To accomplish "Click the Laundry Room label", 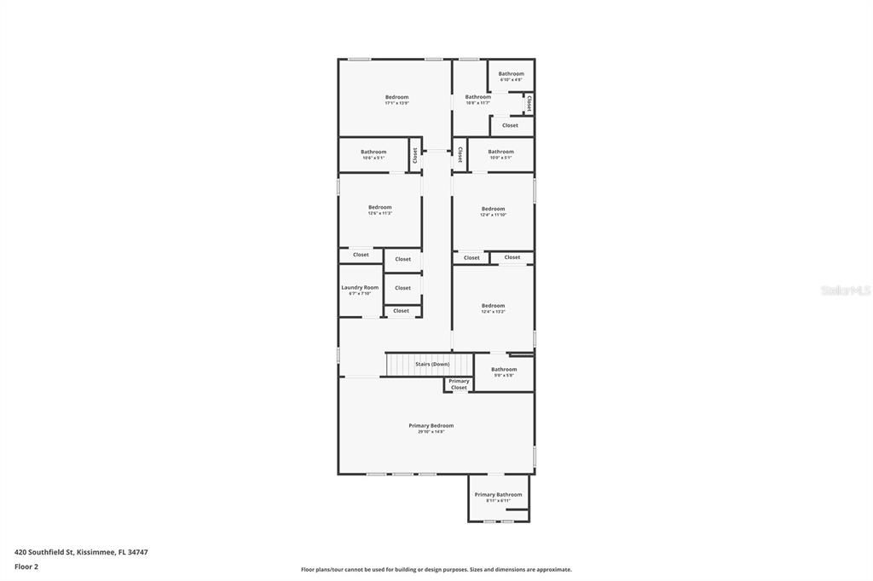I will coord(360,288).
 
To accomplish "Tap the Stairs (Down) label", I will coord(432,364).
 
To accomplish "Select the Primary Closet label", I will coord(459,384).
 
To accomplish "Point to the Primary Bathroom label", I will coord(498,494).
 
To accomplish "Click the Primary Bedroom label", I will coord(431,425).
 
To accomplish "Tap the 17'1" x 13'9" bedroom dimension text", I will coord(396,103).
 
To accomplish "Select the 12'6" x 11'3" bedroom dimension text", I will coord(379,213).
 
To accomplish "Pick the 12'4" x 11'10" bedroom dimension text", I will coord(493,215).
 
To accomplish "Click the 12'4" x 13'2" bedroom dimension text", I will coord(493,312).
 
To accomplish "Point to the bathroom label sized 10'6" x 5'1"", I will coord(373,152).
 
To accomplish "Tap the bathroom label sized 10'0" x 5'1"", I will coord(500,152).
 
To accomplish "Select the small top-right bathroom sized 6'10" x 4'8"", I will coord(512,74).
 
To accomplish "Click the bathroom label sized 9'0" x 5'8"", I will coord(504,369).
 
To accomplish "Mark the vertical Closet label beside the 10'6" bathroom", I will coord(415,155).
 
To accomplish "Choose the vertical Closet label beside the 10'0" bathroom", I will coord(460,154).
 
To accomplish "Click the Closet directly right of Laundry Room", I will coord(402,288).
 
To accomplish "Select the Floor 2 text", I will coord(26,567).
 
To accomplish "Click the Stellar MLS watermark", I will coord(845,290).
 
